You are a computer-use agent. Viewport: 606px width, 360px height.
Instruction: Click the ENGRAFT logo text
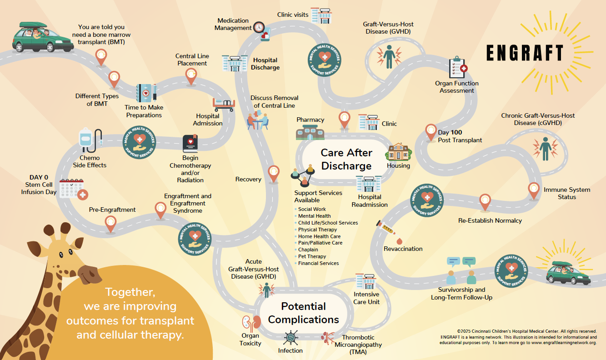(525, 53)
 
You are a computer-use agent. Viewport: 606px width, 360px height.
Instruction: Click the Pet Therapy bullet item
(312, 256)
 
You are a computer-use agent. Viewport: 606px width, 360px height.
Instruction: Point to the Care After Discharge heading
(346, 159)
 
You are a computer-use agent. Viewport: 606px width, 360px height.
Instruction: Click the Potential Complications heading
(303, 313)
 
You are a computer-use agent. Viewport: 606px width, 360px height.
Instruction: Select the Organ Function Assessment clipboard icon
(457, 68)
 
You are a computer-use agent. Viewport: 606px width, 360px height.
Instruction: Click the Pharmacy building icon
(310, 132)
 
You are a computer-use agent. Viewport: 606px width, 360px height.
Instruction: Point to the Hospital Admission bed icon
(224, 105)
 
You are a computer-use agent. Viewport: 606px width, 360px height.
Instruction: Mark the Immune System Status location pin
(534, 190)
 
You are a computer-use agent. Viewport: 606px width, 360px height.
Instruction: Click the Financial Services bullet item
(318, 263)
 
